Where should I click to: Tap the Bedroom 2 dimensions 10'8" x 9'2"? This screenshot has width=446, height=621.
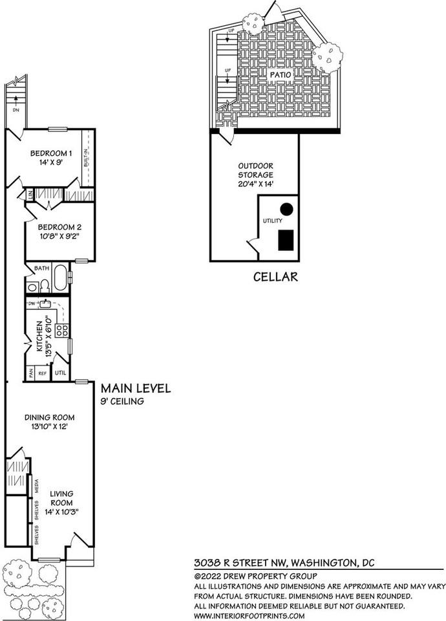tap(60, 237)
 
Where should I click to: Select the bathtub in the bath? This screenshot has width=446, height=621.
tap(61, 278)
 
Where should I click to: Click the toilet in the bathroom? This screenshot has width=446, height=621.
tap(45, 285)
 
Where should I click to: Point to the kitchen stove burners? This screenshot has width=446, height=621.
tap(62, 331)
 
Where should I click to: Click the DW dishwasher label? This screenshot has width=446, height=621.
tap(31, 304)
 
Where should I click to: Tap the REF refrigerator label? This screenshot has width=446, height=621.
tap(43, 373)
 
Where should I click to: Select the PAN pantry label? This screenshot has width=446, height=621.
tap(30, 373)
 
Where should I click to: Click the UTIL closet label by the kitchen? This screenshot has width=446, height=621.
tap(61, 373)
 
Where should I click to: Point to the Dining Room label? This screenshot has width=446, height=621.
tap(50, 417)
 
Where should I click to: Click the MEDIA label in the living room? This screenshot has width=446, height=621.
tap(37, 486)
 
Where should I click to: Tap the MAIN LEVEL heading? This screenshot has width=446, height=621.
tap(136, 388)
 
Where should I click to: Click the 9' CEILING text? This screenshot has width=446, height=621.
tap(122, 401)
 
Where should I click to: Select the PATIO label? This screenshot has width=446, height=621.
tap(281, 74)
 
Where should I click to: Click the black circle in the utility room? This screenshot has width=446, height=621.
tap(286, 209)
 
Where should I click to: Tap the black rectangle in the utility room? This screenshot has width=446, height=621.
tap(286, 240)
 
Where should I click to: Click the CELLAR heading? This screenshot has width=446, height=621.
tap(275, 277)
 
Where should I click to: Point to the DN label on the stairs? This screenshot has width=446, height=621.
tap(16, 110)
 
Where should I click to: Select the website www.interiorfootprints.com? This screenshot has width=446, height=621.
tap(250, 616)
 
